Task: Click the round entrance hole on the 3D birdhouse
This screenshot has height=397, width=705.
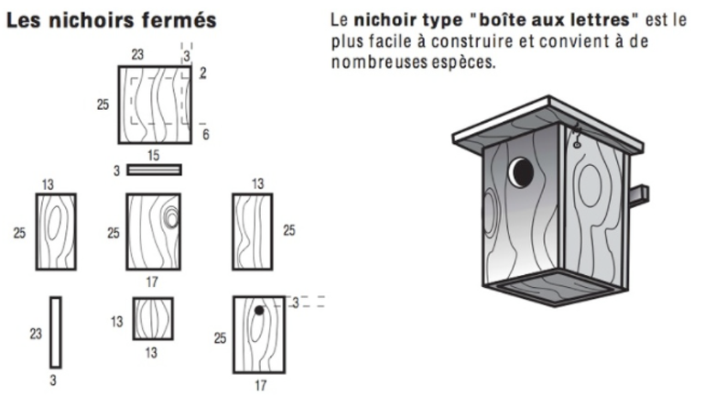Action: point(521,171)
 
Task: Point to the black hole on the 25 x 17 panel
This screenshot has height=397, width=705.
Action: point(259,311)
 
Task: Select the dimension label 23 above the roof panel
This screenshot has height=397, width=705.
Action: point(137,55)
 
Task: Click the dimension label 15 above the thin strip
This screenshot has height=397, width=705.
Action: point(153,156)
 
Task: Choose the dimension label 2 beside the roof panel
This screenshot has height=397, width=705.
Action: point(201,72)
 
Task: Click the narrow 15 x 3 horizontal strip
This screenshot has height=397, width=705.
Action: point(154,170)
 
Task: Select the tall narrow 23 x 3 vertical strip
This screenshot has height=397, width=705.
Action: point(56,332)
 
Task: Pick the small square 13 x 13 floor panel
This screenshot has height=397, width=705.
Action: point(153,319)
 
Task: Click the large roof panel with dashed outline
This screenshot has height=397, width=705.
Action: point(154,104)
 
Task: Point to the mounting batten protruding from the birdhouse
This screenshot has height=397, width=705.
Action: point(638,194)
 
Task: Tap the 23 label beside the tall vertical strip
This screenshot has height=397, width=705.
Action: point(36,334)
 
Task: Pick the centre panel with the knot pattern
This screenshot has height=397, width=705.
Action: point(153,231)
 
